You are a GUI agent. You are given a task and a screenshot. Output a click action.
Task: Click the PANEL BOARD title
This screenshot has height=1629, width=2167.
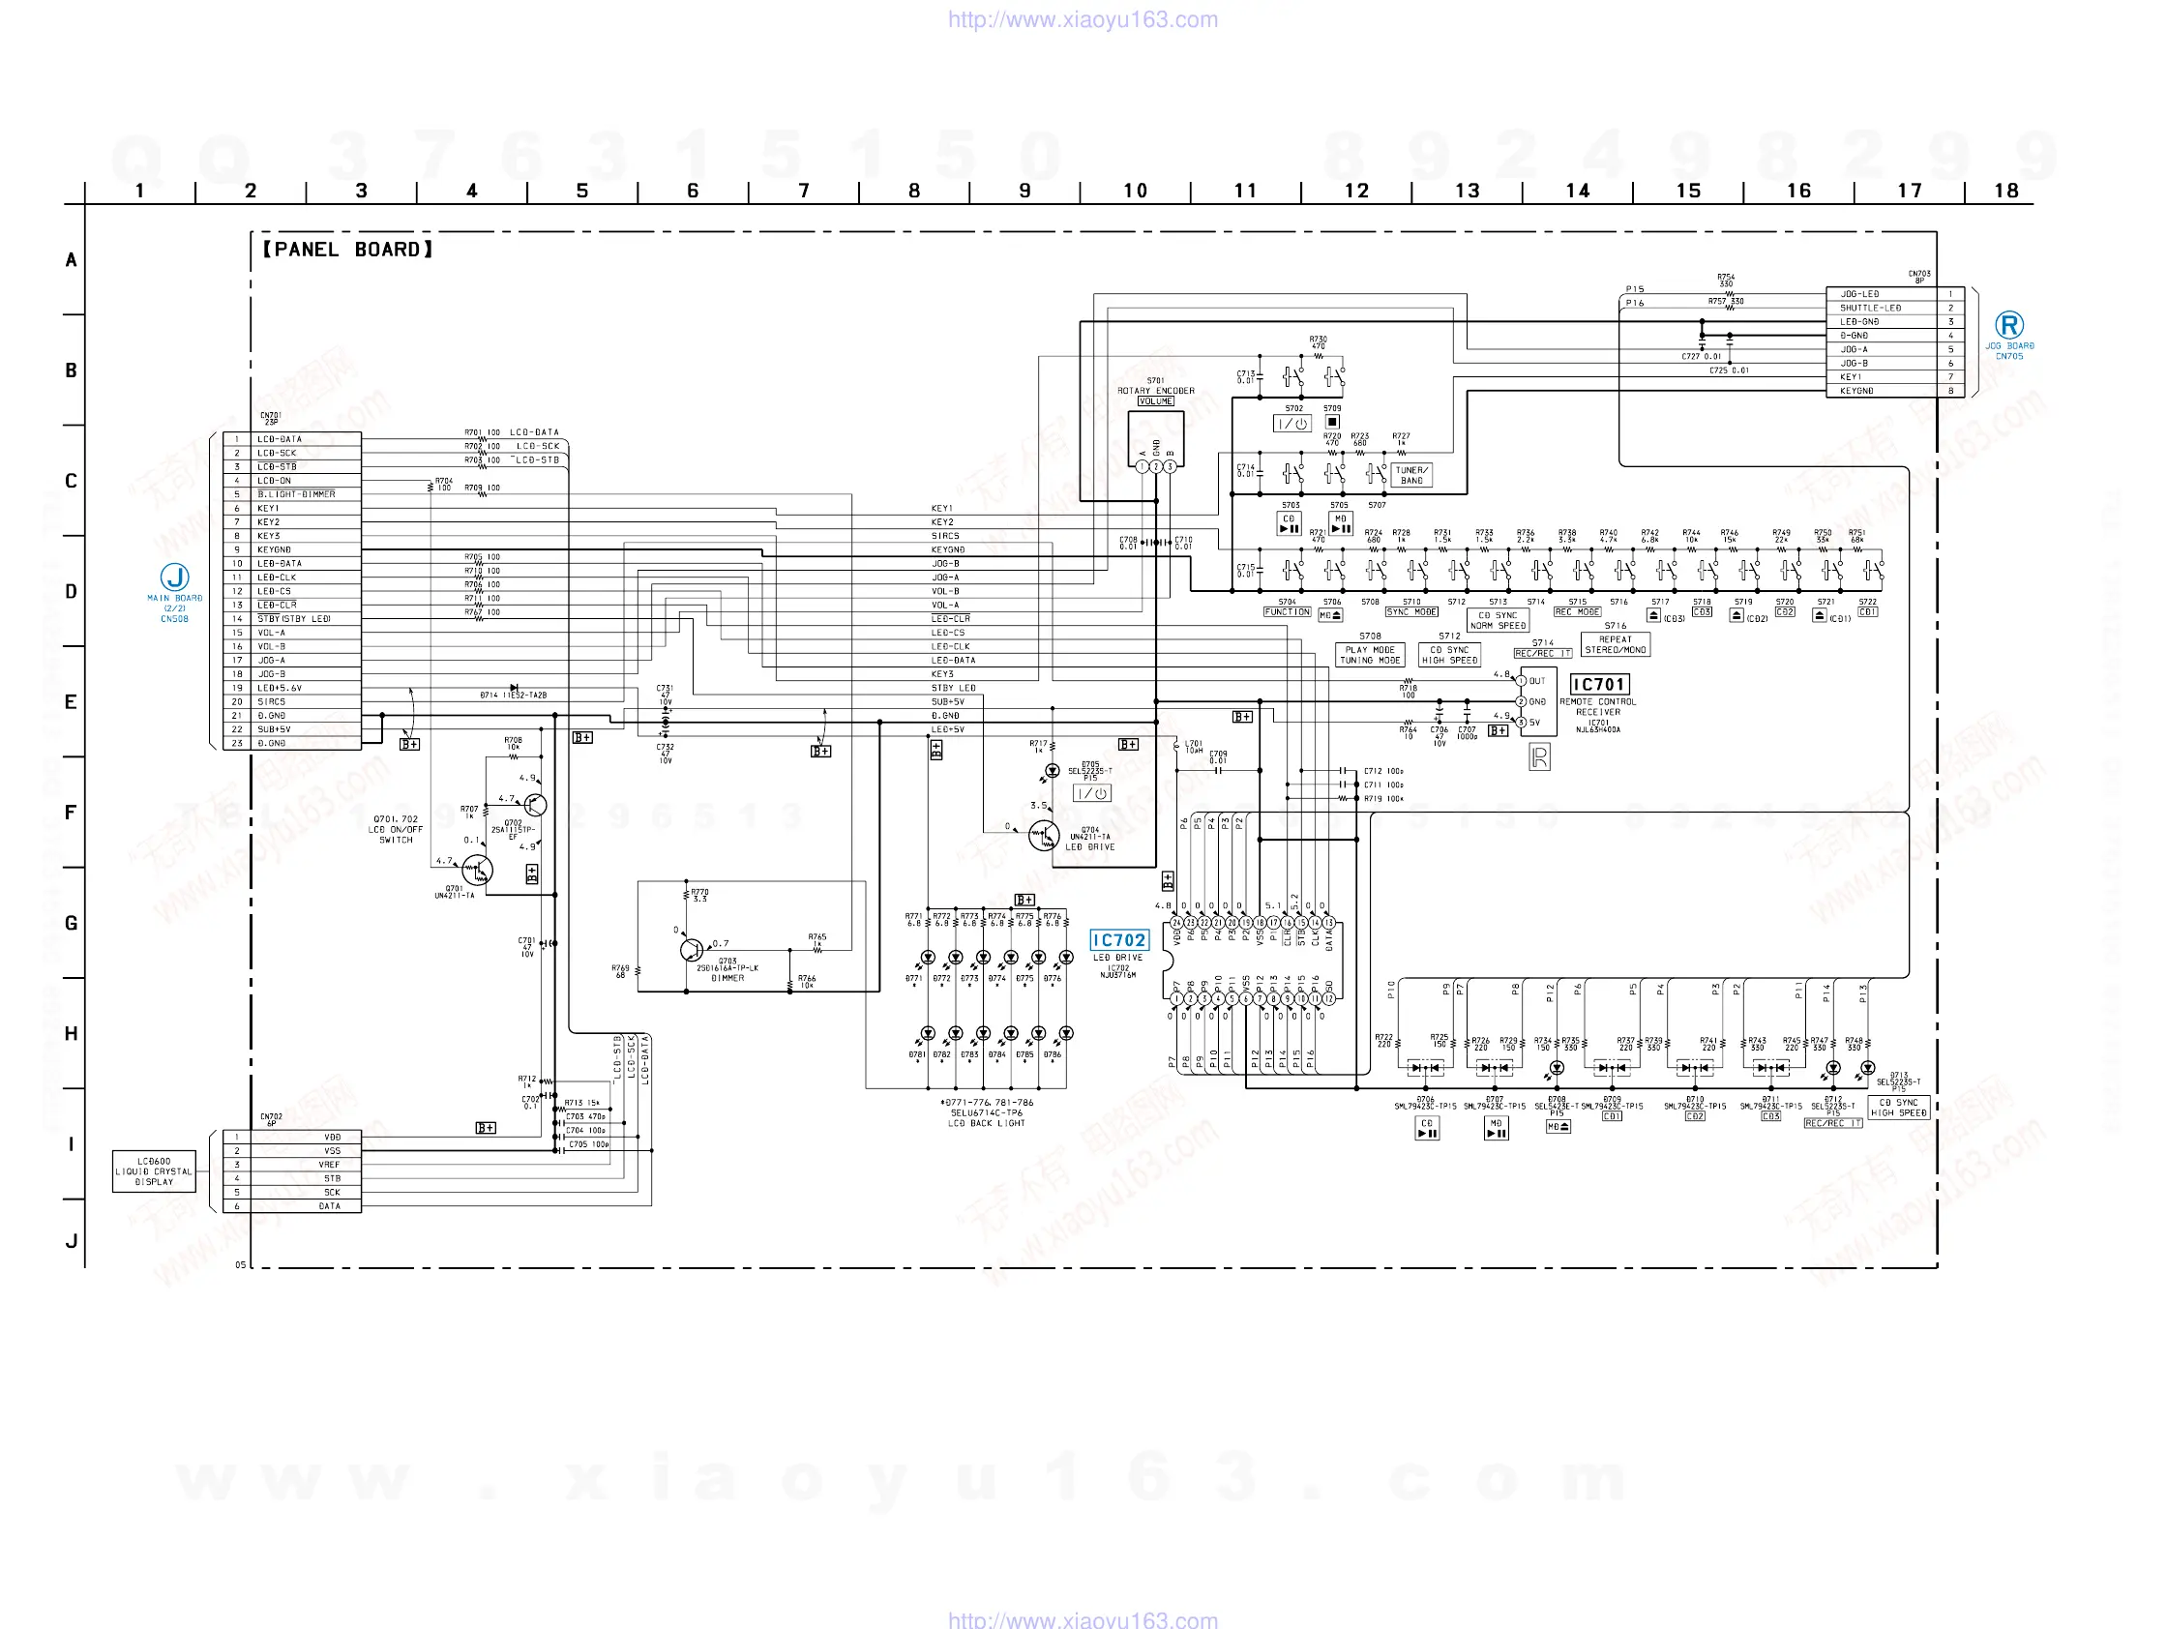[346, 250]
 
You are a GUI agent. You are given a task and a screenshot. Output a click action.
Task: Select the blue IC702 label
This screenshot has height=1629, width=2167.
[1117, 940]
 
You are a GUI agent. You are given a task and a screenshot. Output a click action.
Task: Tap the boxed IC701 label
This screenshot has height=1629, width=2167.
[1599, 685]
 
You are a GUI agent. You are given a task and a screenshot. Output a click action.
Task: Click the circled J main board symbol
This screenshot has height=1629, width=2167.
[174, 577]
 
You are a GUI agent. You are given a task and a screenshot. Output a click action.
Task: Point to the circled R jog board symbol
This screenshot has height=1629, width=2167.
[2009, 325]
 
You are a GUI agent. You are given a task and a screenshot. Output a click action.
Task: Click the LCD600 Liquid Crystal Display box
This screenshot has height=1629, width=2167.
[154, 1171]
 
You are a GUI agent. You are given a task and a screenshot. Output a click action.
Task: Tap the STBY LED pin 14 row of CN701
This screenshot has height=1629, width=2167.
[294, 619]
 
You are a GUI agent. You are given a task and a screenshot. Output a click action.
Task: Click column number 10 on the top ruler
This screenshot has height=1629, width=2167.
[1135, 191]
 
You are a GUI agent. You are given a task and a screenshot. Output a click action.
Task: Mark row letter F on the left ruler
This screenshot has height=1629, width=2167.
[71, 812]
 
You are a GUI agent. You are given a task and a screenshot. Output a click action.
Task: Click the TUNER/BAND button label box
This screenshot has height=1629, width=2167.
[1411, 475]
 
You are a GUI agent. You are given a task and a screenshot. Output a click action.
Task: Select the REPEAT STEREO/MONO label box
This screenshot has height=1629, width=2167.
[1616, 644]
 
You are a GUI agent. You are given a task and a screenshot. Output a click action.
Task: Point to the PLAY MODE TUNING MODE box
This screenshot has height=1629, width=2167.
[1370, 655]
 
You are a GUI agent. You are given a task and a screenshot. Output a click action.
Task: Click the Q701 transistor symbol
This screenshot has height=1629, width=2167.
[477, 869]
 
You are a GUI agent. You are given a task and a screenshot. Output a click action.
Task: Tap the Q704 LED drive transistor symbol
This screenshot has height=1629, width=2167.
[1043, 836]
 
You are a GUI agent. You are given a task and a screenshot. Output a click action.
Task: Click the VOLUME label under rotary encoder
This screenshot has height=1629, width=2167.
[1155, 401]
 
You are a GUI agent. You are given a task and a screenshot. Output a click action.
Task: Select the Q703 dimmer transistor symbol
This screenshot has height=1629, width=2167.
[692, 950]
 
